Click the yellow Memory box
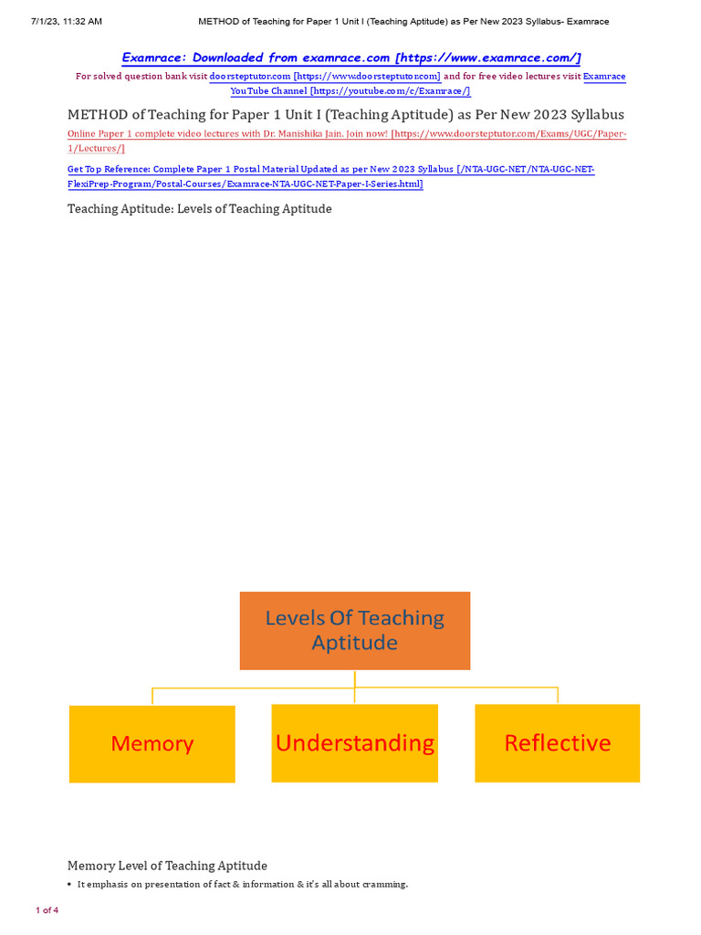point(152,743)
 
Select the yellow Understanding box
point(354,743)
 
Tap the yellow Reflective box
point(557,743)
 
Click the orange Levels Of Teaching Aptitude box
point(354,630)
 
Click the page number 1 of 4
point(47,910)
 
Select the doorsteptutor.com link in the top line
point(324,77)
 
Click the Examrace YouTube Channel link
point(350,91)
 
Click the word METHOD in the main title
point(99,115)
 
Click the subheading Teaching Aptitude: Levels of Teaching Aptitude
point(199,209)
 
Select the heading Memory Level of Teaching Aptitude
point(167,866)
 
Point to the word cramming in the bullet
point(383,885)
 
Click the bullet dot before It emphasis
point(70,885)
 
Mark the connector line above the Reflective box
point(557,695)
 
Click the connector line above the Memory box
point(152,695)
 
